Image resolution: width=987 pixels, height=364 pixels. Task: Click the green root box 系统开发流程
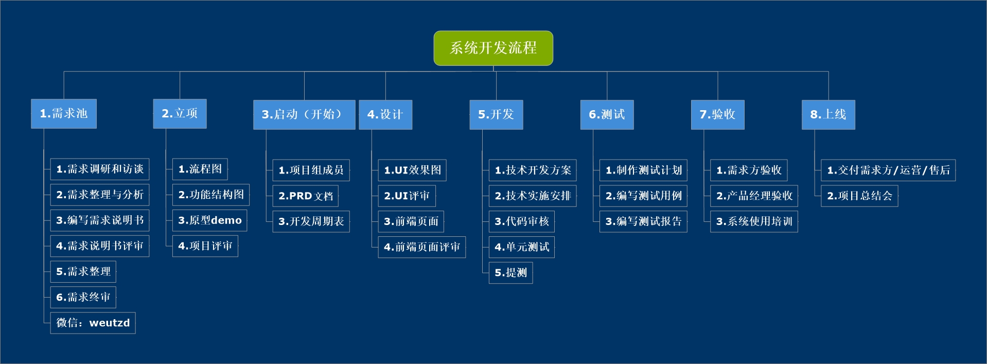click(493, 48)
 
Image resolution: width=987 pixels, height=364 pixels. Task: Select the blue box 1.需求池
click(64, 113)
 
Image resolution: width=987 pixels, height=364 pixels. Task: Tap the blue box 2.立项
click(180, 113)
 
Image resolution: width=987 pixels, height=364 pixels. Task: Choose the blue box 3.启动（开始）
click(304, 114)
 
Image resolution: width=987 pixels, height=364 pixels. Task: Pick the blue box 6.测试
click(607, 114)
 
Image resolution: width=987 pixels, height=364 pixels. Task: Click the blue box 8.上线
click(829, 114)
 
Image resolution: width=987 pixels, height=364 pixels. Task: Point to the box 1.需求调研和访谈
click(100, 169)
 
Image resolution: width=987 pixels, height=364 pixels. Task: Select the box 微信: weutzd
click(93, 323)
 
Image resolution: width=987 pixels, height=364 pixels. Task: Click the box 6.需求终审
click(83, 297)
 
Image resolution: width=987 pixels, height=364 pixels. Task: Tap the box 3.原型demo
click(210, 220)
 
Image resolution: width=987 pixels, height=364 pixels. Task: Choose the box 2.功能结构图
click(211, 195)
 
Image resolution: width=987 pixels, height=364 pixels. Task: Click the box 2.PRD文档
click(306, 196)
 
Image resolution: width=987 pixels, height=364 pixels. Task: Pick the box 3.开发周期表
click(311, 221)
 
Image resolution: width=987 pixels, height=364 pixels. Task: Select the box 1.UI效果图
click(412, 170)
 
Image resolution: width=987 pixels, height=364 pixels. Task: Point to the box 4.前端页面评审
click(422, 247)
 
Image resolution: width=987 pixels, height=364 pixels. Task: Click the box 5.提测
click(511, 273)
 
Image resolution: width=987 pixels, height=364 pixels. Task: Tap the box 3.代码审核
click(522, 221)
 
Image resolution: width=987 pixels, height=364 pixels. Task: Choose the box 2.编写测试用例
click(644, 196)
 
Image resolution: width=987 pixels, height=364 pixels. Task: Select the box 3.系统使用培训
click(754, 221)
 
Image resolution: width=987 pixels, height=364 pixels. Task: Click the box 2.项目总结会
click(860, 196)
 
